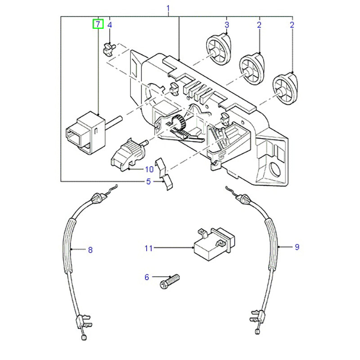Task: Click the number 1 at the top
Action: [x=168, y=8]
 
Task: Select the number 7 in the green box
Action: [x=98, y=24]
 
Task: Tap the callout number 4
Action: [x=109, y=25]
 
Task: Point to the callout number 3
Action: [x=227, y=25]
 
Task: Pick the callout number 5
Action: [x=148, y=182]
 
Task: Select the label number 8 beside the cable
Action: [x=90, y=250]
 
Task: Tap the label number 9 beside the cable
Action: [x=297, y=247]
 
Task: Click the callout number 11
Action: [x=148, y=248]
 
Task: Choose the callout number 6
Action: [x=146, y=277]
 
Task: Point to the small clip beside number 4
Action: [x=108, y=47]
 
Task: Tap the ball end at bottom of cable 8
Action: [x=84, y=337]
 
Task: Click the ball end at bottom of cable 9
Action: [x=257, y=332]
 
